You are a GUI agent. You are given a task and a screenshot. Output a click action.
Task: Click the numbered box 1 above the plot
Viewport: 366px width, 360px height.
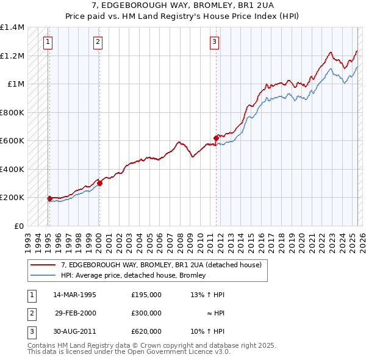click(47, 42)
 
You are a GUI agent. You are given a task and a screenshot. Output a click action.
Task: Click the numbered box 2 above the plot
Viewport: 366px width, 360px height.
click(98, 42)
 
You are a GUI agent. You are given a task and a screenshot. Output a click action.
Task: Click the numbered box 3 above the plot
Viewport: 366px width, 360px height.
click(215, 42)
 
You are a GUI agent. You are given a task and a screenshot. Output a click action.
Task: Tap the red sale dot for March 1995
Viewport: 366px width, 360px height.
click(49, 198)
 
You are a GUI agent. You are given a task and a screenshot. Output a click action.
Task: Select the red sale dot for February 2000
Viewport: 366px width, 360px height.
click(99, 183)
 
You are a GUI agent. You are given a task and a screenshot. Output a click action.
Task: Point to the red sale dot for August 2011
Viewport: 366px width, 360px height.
click(216, 138)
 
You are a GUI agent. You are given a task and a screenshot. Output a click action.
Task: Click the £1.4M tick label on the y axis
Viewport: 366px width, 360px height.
click(12, 27)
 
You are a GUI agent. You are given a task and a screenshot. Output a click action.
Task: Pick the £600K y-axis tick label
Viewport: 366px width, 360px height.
click(12, 141)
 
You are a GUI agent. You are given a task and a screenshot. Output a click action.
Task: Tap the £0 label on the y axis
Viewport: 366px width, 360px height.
click(18, 226)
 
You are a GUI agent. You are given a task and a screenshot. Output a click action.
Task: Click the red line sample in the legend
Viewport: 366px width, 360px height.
click(43, 265)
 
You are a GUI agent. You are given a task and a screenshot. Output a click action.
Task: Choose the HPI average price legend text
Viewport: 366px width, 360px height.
click(133, 275)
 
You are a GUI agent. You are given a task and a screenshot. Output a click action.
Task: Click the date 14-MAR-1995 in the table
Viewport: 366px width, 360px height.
click(74, 295)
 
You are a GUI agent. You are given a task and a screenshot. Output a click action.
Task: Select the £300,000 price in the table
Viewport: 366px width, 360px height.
click(146, 313)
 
